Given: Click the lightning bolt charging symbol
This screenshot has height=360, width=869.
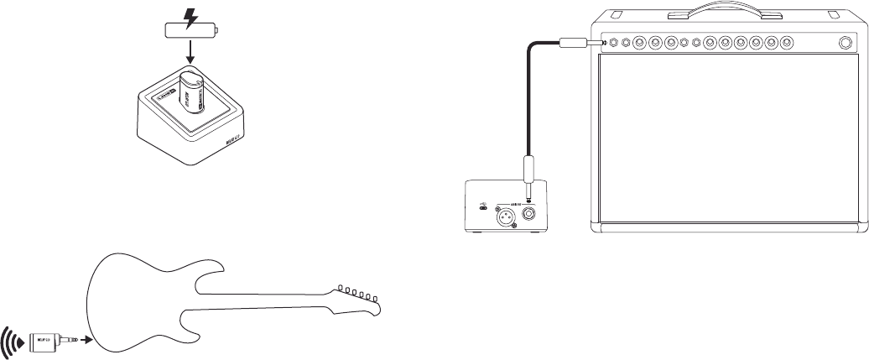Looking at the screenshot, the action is coord(192,18).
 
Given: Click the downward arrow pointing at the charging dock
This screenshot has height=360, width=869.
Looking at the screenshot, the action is coord(190,56).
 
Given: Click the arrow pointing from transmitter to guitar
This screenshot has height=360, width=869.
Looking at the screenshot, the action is coord(82,342).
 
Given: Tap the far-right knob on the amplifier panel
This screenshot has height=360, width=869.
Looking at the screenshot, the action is coord(844,43).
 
